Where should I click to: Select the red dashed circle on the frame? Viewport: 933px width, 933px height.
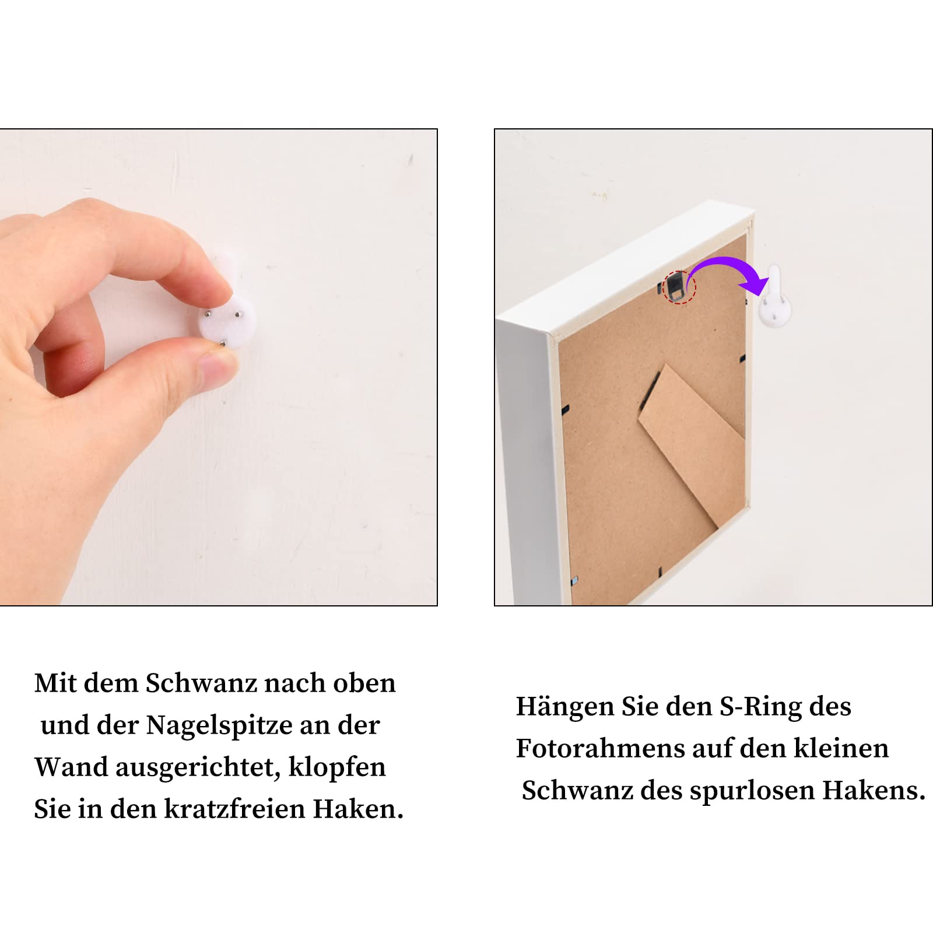(x=679, y=287)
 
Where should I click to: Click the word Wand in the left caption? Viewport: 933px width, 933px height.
(x=70, y=767)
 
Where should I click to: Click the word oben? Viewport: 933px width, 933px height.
(x=364, y=683)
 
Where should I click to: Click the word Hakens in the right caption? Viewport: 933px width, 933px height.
(x=874, y=791)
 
